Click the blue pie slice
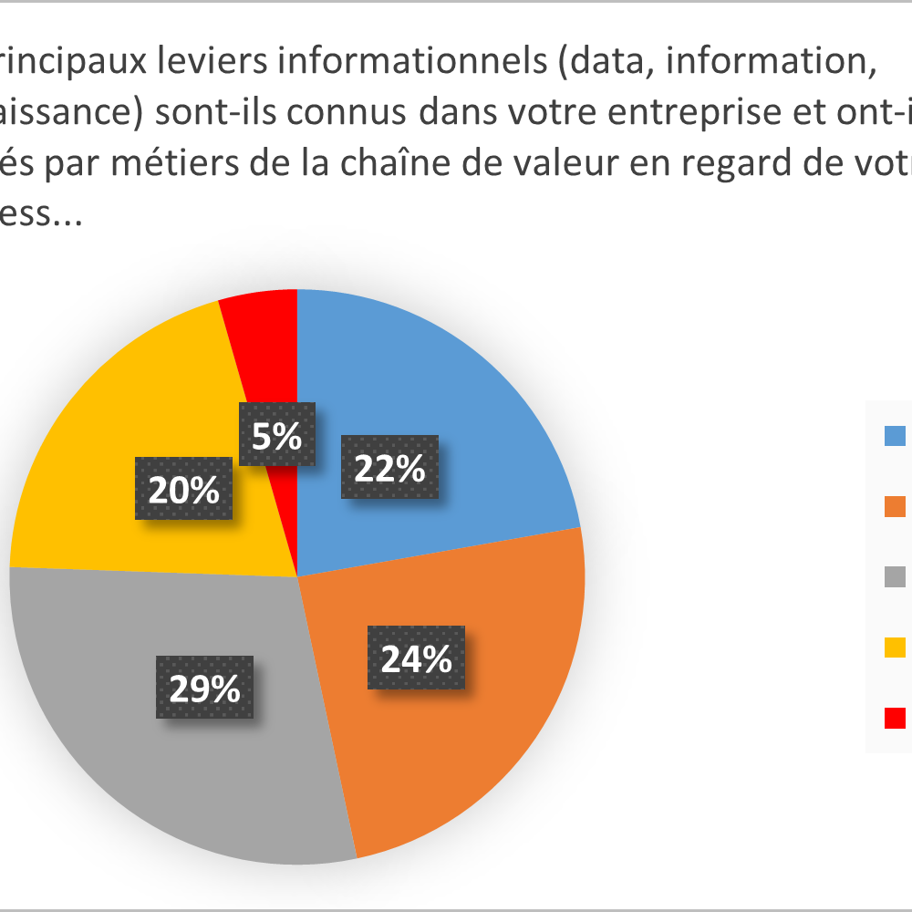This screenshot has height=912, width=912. tap(456, 383)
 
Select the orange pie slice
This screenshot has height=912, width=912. tap(483, 730)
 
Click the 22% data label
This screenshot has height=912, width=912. tap(389, 467)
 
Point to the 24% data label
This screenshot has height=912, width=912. tap(416, 658)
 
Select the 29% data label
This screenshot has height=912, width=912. tap(204, 687)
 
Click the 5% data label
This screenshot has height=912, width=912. tap(277, 435)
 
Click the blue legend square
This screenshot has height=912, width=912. tap(895, 436)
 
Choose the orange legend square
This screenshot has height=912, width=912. tap(895, 506)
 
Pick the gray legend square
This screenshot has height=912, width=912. tap(895, 576)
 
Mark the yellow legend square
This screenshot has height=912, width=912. tap(895, 648)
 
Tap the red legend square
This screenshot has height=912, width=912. tap(895, 718)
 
